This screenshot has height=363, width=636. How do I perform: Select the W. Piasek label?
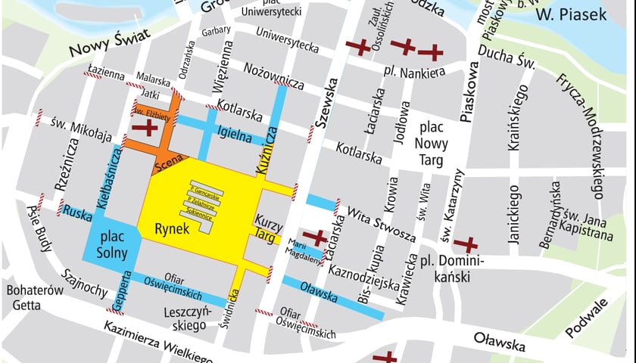coord(571,14)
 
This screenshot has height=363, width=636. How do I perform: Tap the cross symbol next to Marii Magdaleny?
coord(314,237)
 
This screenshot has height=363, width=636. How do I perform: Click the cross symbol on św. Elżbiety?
coord(145,127)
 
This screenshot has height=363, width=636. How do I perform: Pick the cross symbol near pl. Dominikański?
coord(466,245)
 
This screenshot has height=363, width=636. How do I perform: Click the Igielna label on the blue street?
coord(234,135)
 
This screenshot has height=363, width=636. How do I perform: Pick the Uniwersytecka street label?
coord(288,41)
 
